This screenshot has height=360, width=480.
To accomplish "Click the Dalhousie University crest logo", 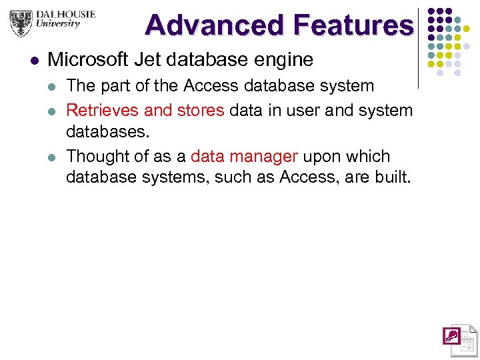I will click(21, 23).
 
